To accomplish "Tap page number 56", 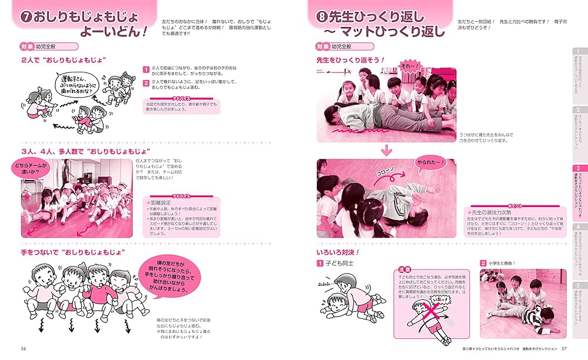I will click(24, 348).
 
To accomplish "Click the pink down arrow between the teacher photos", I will click(386, 151).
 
